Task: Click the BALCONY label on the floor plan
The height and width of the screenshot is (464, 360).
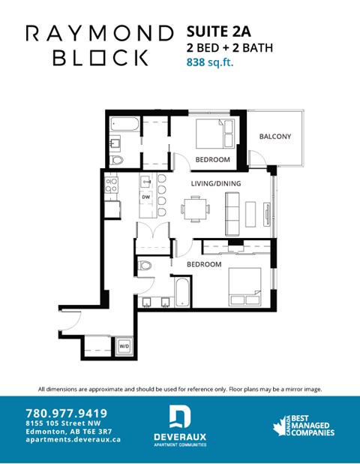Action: coord(275,137)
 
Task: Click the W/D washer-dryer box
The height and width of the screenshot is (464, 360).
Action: coord(124,347)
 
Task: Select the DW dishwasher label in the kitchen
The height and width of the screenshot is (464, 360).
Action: coord(146,197)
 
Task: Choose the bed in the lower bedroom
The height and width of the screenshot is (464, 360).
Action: coord(244,286)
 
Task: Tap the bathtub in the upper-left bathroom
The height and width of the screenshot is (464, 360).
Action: coord(124,125)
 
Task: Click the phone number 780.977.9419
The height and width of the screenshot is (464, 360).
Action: coord(66,412)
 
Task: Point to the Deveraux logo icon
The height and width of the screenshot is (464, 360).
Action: coord(180,417)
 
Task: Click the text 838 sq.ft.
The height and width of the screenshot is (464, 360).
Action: coord(210,64)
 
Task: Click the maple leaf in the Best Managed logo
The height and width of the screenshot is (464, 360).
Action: coord(286,425)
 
